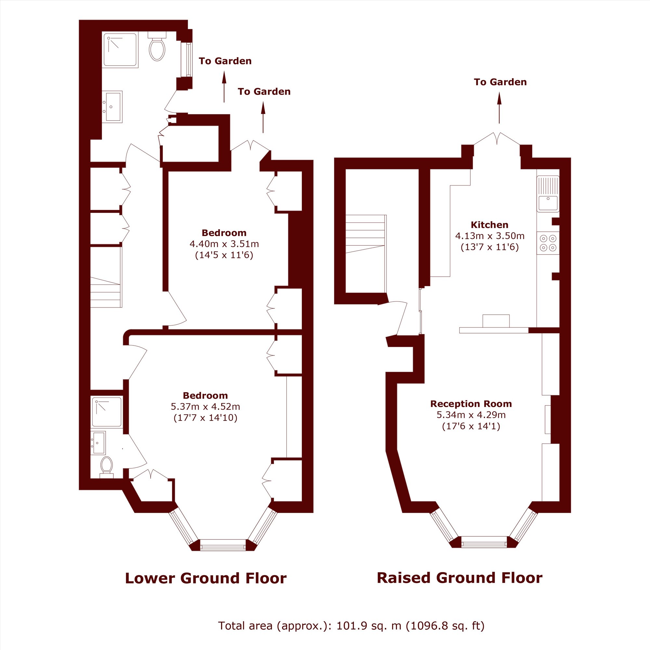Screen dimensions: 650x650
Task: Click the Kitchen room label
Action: (x=489, y=225)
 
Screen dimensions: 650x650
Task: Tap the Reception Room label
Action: (x=471, y=404)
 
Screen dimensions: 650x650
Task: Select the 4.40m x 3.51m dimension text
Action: (x=224, y=243)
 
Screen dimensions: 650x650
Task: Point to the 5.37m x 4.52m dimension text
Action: (x=205, y=407)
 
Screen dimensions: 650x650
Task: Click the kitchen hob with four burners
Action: (x=548, y=243)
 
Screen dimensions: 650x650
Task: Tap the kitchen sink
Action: (x=548, y=194)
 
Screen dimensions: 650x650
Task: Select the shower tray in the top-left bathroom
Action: (x=120, y=50)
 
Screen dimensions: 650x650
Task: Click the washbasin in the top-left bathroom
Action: (x=112, y=107)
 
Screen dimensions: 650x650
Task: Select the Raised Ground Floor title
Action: (x=459, y=578)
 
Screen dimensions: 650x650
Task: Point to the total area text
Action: (x=351, y=626)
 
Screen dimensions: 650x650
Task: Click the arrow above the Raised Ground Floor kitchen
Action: (x=499, y=108)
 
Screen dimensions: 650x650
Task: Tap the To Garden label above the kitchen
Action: (x=500, y=82)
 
